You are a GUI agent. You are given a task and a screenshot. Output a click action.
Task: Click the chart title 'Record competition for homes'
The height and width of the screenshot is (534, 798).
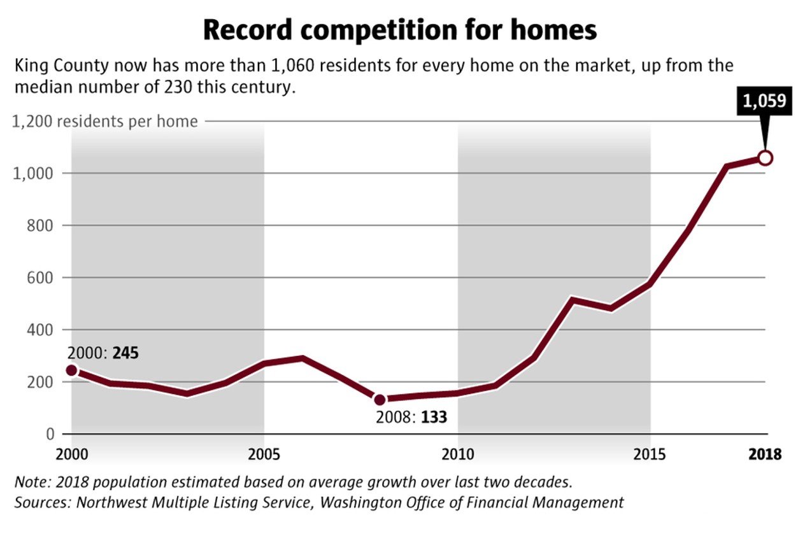tap(399, 30)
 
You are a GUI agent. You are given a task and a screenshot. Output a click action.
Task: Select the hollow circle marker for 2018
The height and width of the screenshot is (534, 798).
tap(766, 158)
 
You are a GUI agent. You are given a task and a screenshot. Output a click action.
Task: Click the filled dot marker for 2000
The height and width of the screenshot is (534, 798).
tap(71, 370)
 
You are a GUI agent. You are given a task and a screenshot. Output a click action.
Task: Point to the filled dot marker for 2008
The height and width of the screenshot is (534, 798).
tap(380, 400)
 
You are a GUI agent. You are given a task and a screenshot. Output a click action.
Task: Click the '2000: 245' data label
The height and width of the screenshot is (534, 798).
tap(103, 353)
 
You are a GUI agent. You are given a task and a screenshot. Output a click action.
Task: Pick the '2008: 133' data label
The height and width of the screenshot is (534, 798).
tap(411, 418)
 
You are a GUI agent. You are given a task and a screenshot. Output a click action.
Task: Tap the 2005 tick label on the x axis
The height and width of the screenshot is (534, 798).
tap(264, 455)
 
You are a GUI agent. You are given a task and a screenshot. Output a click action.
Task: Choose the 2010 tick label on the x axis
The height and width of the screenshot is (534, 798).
tap(457, 455)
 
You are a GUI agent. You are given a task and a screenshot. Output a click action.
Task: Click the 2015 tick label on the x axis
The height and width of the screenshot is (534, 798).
tap(650, 455)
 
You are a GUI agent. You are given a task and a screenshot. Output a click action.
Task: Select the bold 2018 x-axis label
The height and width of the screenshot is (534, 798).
tap(765, 455)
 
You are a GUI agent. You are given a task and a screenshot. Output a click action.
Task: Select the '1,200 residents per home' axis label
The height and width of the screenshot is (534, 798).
tap(105, 121)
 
